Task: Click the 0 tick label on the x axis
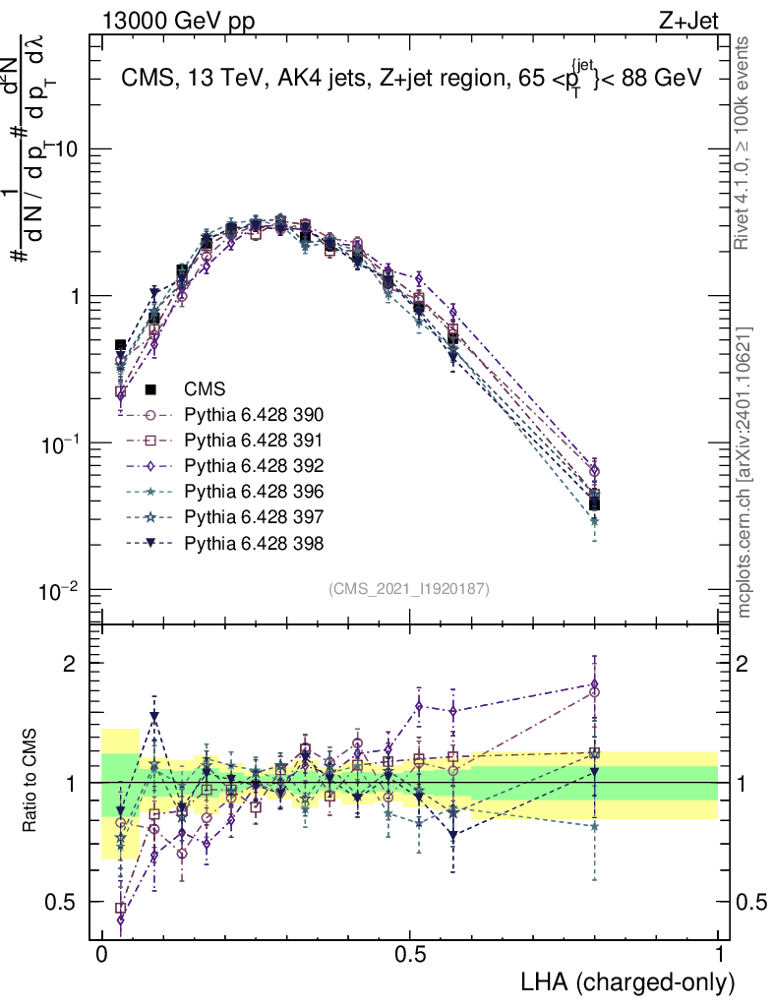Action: [101, 955]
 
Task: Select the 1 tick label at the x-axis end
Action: [719, 955]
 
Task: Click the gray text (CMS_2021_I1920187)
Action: [409, 588]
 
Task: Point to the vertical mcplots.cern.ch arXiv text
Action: [745, 472]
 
